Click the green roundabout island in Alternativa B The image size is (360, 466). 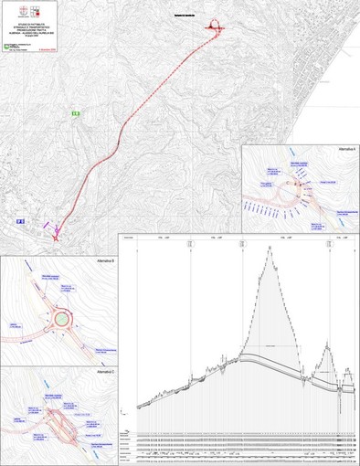tap(62, 320)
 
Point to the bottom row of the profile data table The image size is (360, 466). tap(242, 459)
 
